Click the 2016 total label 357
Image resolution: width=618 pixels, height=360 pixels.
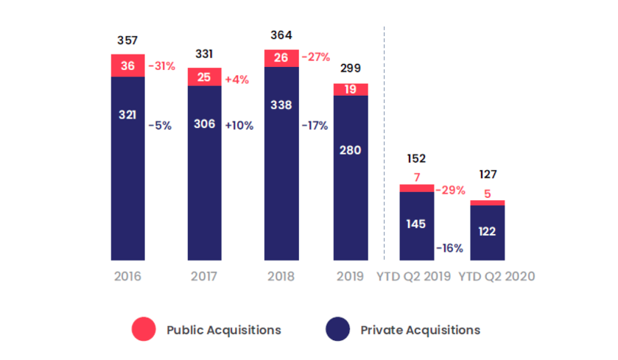(127, 40)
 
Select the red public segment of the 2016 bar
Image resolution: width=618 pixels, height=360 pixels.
(127, 66)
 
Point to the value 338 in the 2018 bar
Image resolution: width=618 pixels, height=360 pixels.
(281, 105)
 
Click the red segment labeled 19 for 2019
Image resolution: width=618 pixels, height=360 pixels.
(351, 89)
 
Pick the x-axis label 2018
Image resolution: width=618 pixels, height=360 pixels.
(281, 277)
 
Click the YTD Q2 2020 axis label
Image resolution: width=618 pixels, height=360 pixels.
(496, 277)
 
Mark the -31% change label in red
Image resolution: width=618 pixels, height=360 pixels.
(161, 66)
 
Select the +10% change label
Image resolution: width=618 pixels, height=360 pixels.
(239, 125)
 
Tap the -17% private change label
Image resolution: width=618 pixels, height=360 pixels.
(315, 125)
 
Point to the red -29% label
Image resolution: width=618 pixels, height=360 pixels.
(450, 190)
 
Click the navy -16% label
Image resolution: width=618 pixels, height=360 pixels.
(449, 248)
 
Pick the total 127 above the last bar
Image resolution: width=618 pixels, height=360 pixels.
(488, 174)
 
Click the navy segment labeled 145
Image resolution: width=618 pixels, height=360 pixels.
(416, 223)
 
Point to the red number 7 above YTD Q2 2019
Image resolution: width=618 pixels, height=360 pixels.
(416, 177)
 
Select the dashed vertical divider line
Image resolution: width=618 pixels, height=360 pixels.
(385, 147)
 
